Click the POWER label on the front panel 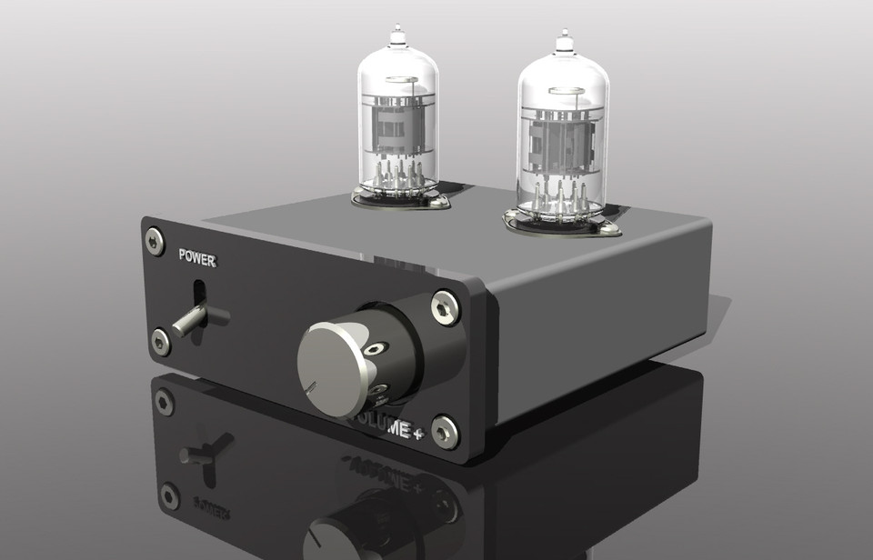click(196, 257)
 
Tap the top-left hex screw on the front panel click(154, 237)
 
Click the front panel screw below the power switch click(161, 342)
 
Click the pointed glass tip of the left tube click(396, 36)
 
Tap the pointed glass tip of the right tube click(563, 39)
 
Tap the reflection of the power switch click(206, 451)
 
